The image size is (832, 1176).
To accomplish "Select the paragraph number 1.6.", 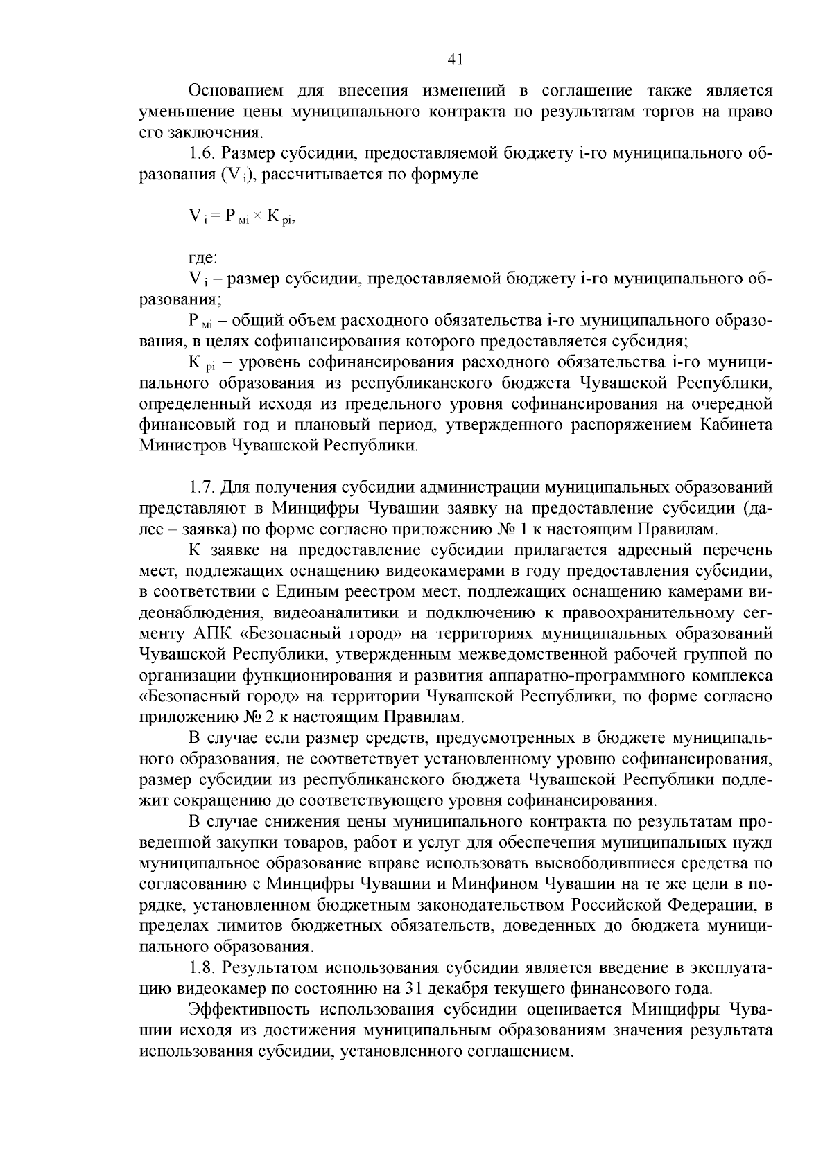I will tap(202, 154).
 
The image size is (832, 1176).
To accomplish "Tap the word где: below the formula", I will tap(203, 258).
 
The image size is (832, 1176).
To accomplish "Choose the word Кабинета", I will tap(738, 424).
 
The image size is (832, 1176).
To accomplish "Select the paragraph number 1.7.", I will tap(202, 488).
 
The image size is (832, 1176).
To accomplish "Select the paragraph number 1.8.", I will tap(202, 967).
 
